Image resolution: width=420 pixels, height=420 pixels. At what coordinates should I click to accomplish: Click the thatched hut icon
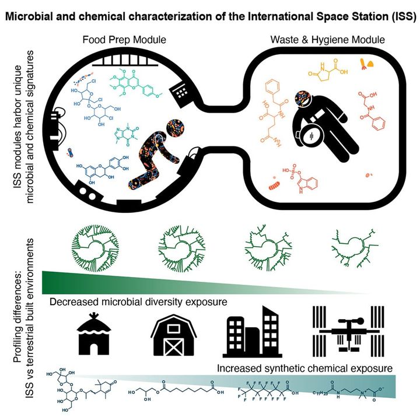tap(96, 335)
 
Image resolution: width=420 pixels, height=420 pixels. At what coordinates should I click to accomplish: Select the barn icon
tap(173, 336)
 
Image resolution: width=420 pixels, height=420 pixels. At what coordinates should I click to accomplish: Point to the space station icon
tap(343, 334)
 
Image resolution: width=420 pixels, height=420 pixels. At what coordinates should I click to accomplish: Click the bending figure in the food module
tap(153, 153)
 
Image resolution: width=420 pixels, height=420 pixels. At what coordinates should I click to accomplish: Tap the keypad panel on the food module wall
tap(178, 89)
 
